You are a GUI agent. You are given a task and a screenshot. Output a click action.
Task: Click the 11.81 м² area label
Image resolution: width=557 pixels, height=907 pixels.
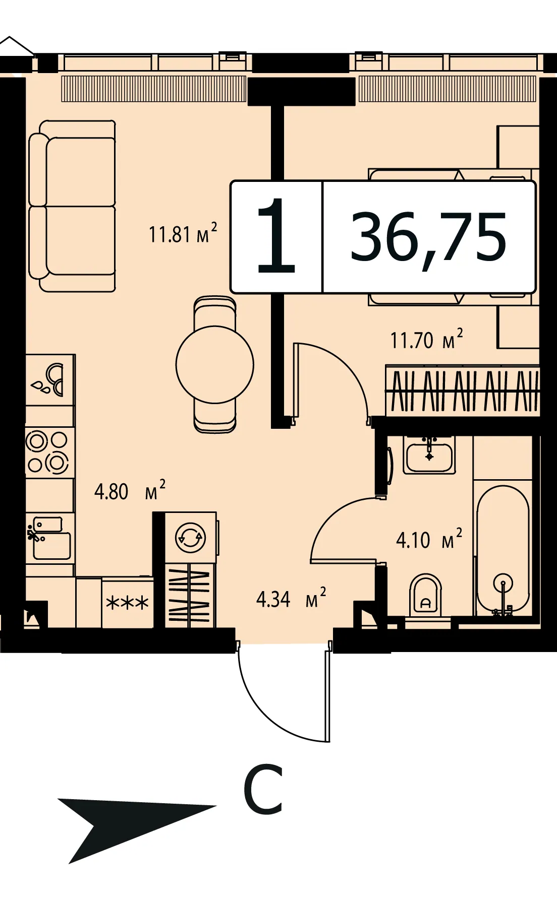pos(183,233)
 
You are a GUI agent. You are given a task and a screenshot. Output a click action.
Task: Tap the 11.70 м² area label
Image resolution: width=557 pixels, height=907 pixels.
pos(426,339)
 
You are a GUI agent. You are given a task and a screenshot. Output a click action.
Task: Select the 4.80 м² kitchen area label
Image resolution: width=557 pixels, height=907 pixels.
pos(130,490)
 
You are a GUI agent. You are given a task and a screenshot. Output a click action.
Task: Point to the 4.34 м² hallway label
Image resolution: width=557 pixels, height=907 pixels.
pos(291,598)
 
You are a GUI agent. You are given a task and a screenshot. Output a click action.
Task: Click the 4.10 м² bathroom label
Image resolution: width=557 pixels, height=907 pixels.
pos(429,539)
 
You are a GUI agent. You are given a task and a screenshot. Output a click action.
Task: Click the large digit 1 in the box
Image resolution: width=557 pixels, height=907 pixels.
pos(276,236)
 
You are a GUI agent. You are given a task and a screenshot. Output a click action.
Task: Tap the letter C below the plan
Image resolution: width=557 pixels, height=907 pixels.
pos(263,789)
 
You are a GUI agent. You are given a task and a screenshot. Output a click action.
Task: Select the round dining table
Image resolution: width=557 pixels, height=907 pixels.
pos(215,364)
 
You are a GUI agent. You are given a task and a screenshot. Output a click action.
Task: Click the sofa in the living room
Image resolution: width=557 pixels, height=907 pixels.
pos(72,206)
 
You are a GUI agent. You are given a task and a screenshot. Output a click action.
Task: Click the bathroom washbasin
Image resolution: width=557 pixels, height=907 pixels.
pos(429,454)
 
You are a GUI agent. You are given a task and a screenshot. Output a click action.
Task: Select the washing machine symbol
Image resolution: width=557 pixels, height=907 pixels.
pos(191,538)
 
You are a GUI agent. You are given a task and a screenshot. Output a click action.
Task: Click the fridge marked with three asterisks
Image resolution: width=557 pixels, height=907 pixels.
pos(128,602)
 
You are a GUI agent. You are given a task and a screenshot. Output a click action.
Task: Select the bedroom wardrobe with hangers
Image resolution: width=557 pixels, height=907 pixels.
pos(462,391)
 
